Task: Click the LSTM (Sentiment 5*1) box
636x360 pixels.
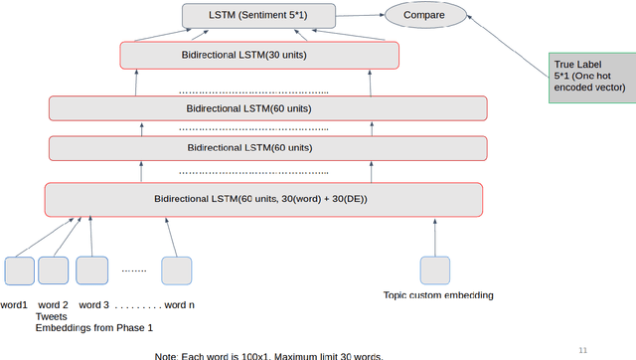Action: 259,16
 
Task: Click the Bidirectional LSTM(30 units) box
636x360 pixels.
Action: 258,55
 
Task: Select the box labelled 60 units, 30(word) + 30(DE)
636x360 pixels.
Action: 263,199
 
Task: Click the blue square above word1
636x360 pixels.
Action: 19,271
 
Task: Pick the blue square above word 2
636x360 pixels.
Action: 54,271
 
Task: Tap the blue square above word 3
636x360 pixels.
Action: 91,271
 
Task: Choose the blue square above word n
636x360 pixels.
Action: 177,271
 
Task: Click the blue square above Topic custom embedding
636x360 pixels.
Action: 434,271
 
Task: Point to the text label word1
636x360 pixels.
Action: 14,304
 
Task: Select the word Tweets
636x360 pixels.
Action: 51,316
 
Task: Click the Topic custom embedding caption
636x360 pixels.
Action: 437,295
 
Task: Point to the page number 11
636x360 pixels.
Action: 583,349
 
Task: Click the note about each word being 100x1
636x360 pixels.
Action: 268,355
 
